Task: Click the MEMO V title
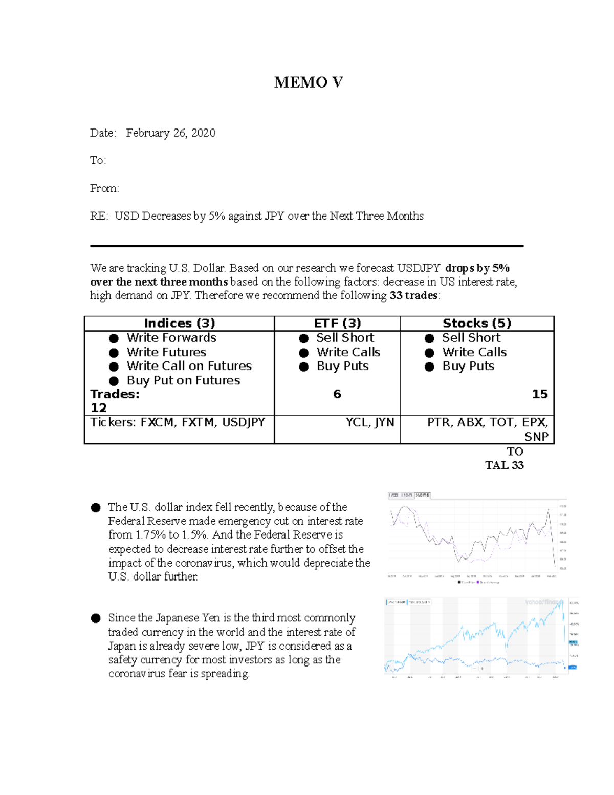(308, 82)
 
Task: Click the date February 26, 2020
(170, 133)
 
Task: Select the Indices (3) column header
(180, 324)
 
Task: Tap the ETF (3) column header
(337, 324)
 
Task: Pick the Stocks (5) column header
(477, 324)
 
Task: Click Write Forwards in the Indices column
(171, 338)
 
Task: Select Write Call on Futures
(189, 366)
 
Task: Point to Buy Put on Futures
(183, 380)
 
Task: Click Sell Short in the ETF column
(345, 338)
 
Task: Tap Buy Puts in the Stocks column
(468, 366)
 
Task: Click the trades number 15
(539, 394)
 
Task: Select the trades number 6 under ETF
(337, 394)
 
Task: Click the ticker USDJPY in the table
(243, 422)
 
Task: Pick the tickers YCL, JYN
(369, 422)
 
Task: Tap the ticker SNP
(536, 437)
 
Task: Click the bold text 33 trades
(413, 296)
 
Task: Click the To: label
(98, 161)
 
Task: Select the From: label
(104, 189)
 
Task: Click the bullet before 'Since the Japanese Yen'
(96, 618)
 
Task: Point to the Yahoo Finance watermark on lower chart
(542, 603)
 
